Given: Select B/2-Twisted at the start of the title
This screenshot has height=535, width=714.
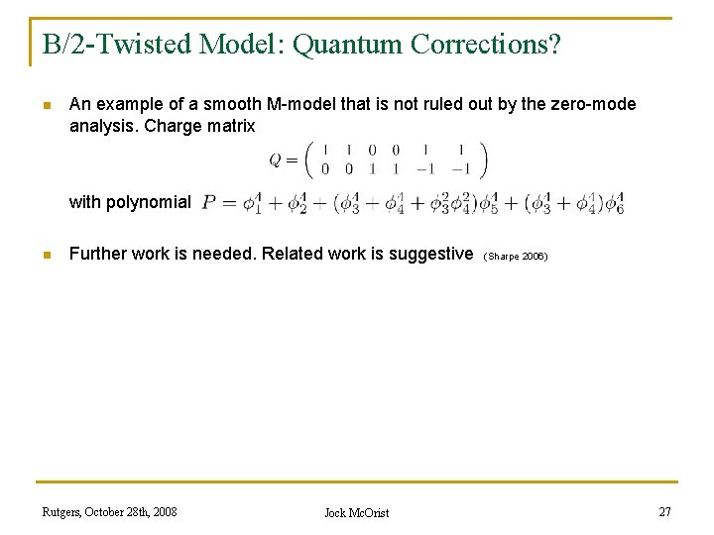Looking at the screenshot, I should [113, 45].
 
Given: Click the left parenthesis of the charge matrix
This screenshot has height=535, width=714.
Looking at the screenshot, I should [307, 159].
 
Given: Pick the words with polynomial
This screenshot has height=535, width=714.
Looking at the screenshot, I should [130, 202].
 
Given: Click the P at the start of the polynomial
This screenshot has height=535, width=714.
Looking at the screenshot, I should [209, 202].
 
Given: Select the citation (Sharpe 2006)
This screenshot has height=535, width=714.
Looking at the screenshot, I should [516, 256].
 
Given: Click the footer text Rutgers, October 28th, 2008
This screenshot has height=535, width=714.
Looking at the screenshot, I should [110, 512].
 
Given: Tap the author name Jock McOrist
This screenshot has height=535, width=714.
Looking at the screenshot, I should [357, 513].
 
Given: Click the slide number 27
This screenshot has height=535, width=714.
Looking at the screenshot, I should [664, 511].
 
